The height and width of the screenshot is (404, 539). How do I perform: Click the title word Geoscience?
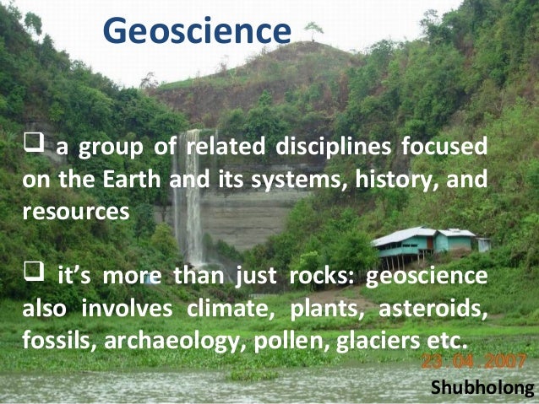(x=196, y=31)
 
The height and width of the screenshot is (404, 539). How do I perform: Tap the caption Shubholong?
(x=482, y=387)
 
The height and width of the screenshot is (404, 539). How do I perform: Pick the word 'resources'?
(x=76, y=211)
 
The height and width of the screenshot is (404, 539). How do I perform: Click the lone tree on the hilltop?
(x=314, y=30)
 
